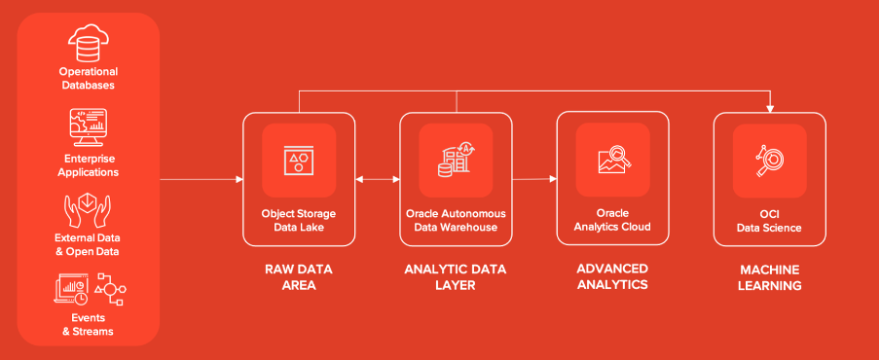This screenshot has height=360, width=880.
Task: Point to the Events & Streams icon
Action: pyautogui.click(x=88, y=290)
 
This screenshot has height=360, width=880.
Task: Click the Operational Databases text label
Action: pyautogui.click(x=88, y=78)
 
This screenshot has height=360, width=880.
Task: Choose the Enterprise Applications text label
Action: pyautogui.click(x=88, y=164)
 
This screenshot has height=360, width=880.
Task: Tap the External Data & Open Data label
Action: pyautogui.click(x=88, y=243)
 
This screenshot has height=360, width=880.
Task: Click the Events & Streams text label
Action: pyautogui.click(x=88, y=324)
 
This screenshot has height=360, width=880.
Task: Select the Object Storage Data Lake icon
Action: pyautogui.click(x=298, y=161)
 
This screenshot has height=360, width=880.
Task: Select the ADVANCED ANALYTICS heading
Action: pyautogui.click(x=612, y=276)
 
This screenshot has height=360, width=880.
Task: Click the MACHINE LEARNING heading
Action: pyautogui.click(x=769, y=276)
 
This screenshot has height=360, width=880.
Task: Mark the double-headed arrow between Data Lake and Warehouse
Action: pyautogui.click(x=377, y=179)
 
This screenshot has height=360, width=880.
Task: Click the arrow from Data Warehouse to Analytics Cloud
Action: pyautogui.click(x=533, y=179)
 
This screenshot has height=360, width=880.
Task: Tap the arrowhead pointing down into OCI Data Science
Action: pyautogui.click(x=770, y=107)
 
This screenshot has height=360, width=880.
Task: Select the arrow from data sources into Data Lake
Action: pyautogui.click(x=201, y=179)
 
